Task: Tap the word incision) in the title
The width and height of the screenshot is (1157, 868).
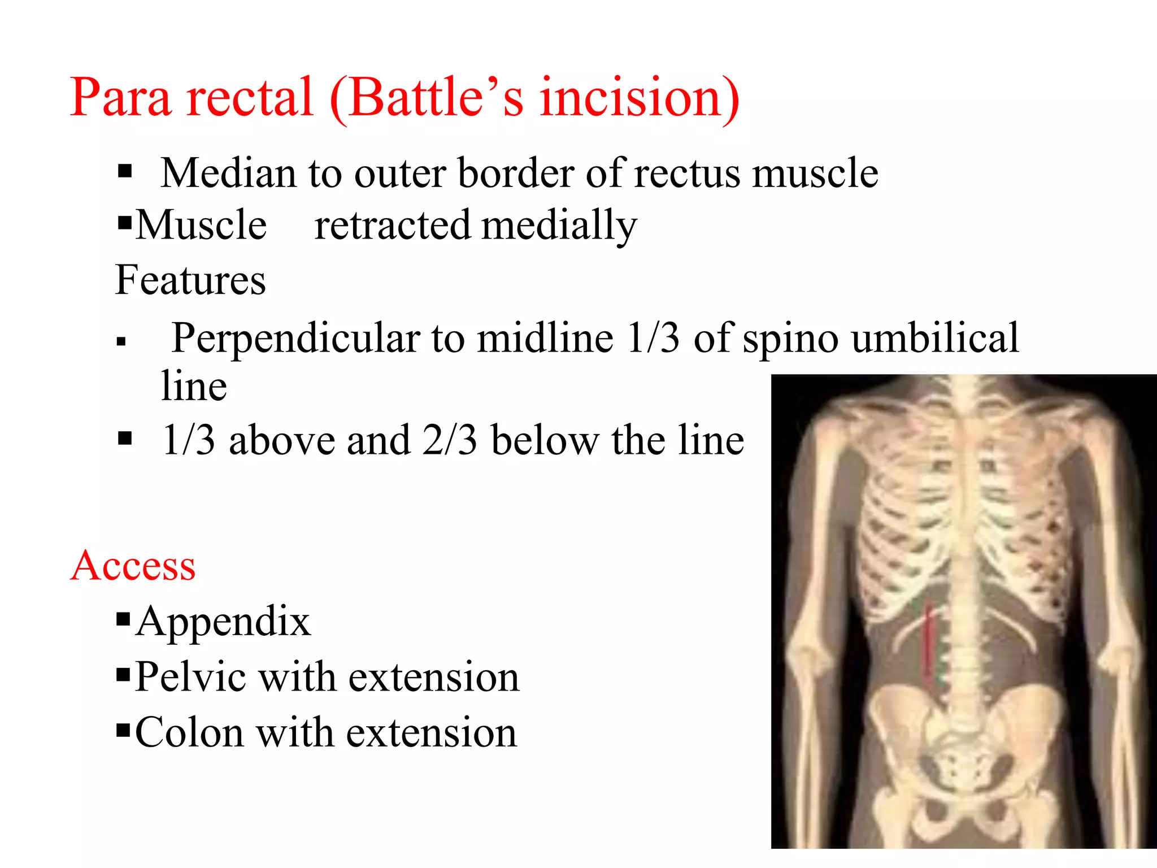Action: click(639, 97)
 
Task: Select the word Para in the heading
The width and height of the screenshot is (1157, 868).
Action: click(120, 97)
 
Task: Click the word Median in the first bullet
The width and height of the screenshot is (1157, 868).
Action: click(228, 173)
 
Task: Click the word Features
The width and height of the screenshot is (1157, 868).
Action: click(190, 280)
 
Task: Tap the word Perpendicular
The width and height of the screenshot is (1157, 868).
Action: click(295, 338)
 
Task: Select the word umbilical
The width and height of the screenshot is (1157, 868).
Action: click(936, 338)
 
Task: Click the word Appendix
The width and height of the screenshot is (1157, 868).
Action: click(223, 621)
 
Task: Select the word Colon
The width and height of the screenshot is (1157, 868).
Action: click(189, 732)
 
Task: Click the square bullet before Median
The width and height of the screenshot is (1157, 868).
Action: click(125, 171)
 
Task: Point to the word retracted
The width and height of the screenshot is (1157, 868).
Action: click(392, 225)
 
